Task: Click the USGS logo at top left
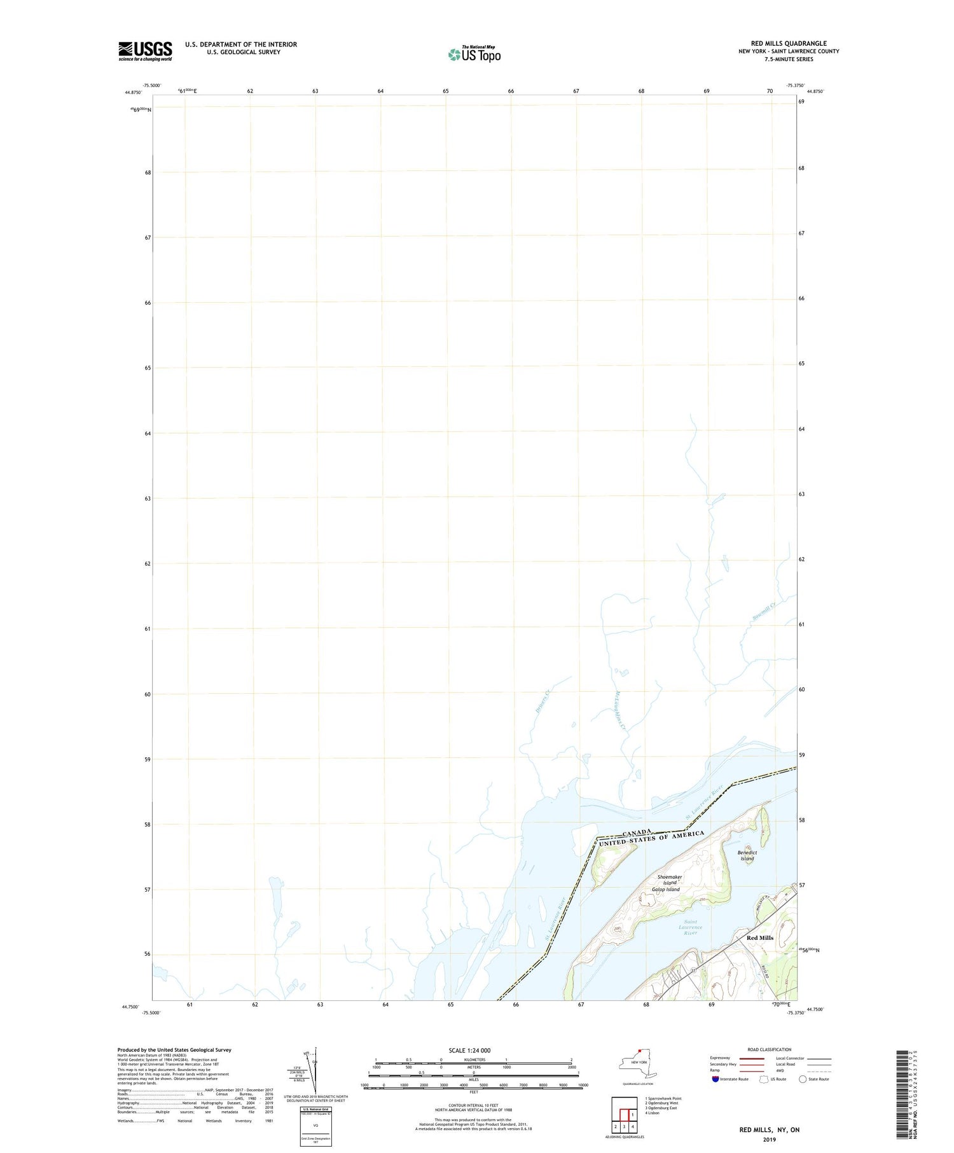145,51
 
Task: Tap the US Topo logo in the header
474,54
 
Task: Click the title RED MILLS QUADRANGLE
789,43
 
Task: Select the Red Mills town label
759,937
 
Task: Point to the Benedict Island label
747,855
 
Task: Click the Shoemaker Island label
669,880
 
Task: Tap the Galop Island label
665,889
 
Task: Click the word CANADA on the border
637,832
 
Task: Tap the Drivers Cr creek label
542,701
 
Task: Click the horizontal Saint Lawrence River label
690,927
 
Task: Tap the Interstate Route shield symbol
715,1079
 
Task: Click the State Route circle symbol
803,1079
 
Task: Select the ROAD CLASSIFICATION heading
770,1049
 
